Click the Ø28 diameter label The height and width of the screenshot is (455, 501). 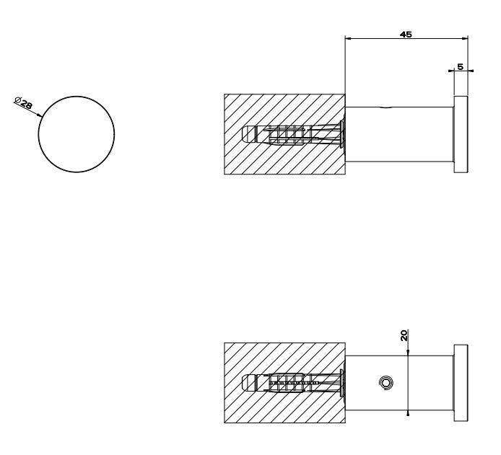[24, 102]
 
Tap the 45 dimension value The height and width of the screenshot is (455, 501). [406, 34]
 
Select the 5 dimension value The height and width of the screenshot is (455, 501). [460, 66]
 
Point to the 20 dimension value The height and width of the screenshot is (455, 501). [404, 336]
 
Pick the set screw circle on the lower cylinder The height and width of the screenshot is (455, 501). [385, 383]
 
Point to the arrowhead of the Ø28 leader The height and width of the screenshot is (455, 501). [40, 115]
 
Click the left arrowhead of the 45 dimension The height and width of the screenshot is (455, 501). [348, 39]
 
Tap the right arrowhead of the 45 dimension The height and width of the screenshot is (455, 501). [465, 39]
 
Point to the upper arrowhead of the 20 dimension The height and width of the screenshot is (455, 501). [408, 353]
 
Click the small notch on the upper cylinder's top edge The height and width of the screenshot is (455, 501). [388, 108]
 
